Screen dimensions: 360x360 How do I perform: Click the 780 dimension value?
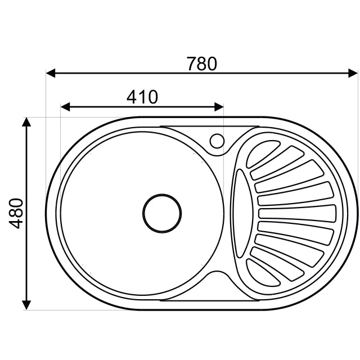tap(201, 64)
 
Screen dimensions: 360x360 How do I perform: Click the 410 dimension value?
tap(142, 97)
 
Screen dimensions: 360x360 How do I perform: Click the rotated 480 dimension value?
tap(17, 213)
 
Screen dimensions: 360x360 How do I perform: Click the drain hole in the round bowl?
tap(162, 213)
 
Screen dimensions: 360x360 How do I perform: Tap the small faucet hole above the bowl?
tap(216, 141)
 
